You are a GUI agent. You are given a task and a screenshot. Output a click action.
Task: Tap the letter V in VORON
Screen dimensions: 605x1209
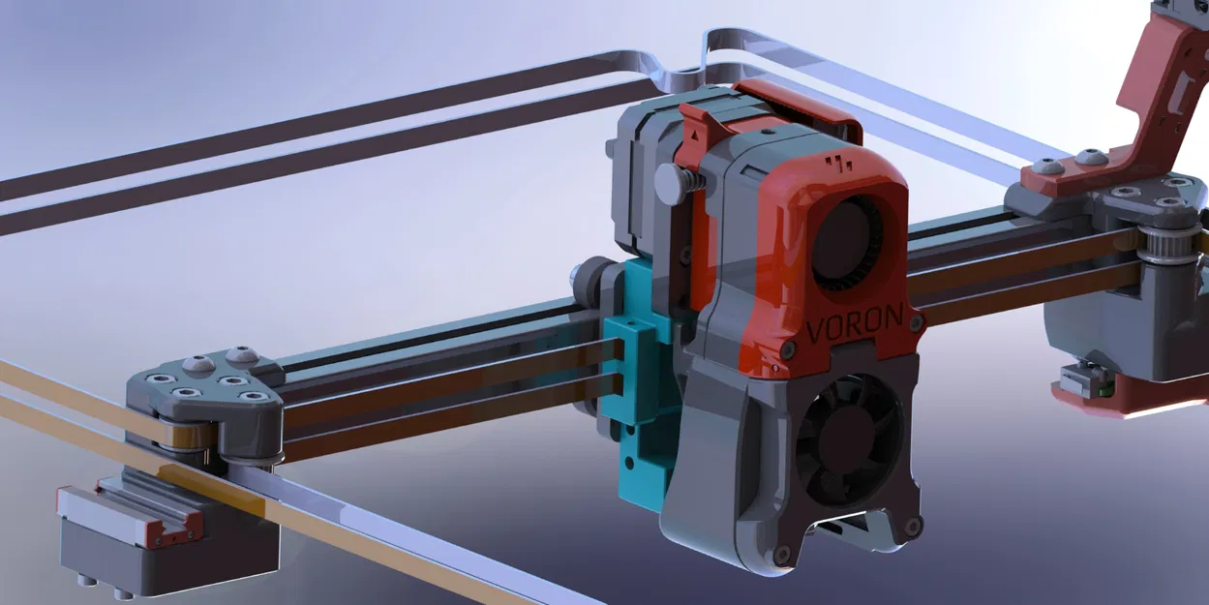pyautogui.click(x=817, y=330)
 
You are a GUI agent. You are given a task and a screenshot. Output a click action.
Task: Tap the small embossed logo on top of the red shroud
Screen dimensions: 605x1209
pyautogui.click(x=839, y=160)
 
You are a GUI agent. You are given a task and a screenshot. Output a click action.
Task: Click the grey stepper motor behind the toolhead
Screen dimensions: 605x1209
pyautogui.click(x=639, y=184)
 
